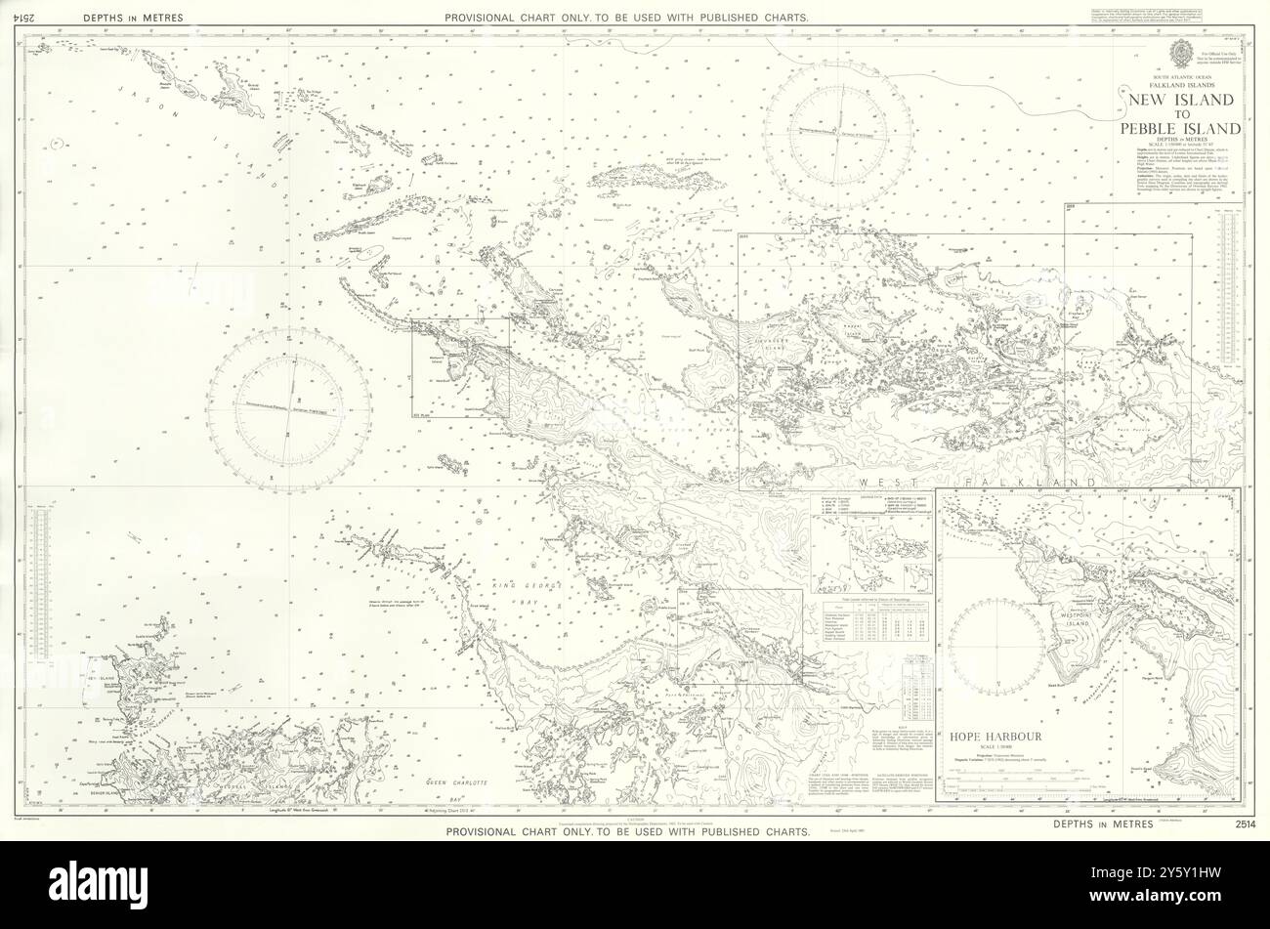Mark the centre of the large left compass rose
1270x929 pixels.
coord(288,409)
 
